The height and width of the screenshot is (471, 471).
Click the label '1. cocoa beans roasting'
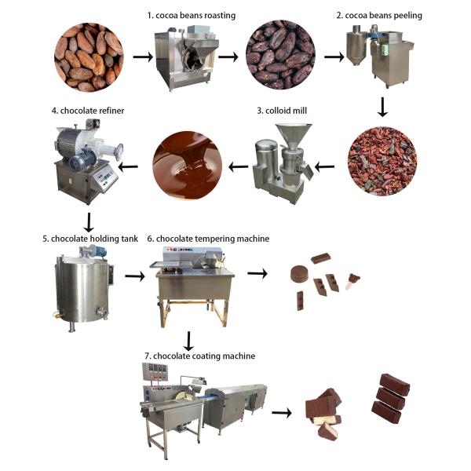192,16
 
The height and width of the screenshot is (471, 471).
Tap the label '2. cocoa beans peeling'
379,16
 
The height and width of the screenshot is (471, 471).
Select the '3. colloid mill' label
282,111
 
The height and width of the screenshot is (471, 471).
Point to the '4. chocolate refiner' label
88,111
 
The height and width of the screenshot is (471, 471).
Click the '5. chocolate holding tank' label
90,239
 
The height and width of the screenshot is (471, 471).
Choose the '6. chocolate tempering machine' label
208,239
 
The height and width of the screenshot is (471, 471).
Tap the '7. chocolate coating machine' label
199,356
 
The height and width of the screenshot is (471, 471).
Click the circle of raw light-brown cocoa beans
89,57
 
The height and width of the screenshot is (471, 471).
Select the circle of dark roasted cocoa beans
280,54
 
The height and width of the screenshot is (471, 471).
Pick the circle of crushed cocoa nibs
382,161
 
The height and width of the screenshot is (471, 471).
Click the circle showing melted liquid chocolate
188,166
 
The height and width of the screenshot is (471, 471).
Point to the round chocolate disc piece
300,274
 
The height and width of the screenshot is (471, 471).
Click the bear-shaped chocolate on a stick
352,281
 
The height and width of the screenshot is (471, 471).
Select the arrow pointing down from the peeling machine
382,107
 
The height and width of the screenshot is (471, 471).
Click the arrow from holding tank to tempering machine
135,276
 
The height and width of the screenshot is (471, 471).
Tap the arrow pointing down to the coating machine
188,341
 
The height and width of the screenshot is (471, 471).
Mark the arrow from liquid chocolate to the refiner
129,166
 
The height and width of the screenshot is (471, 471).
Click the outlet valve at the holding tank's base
101,312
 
